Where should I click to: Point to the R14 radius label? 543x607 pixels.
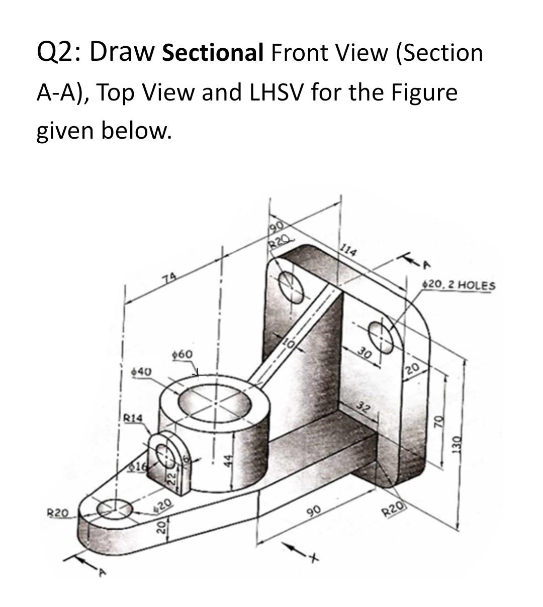coord(133,418)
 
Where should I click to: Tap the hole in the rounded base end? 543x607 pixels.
coord(115,509)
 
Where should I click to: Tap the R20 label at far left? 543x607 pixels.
coord(57,514)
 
